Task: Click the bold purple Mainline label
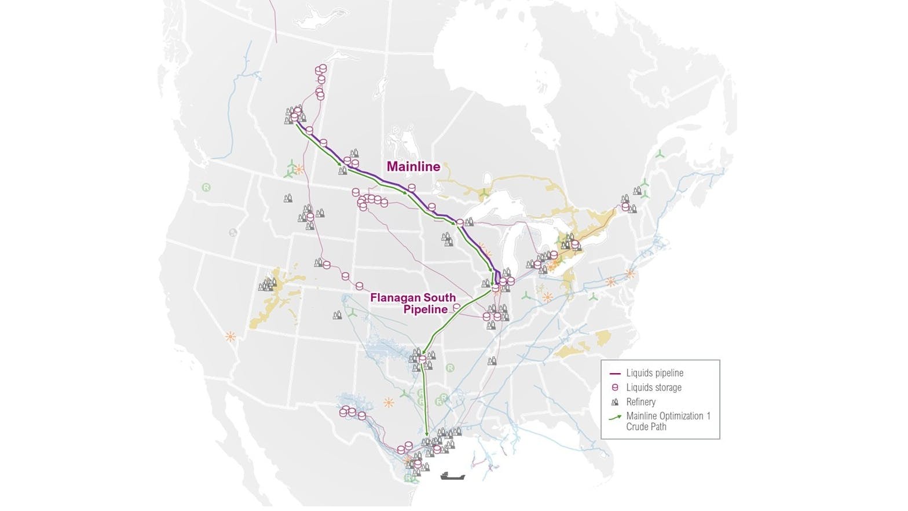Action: point(413,167)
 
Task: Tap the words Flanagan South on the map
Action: point(413,298)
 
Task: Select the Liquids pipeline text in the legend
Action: point(654,373)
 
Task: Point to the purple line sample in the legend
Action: point(615,374)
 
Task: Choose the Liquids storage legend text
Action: point(653,388)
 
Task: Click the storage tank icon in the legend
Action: point(615,388)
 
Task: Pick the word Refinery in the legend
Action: point(640,402)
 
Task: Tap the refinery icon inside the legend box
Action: point(615,402)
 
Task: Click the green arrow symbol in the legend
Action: point(616,417)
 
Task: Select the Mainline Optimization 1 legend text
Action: point(668,416)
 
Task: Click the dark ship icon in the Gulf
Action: point(452,476)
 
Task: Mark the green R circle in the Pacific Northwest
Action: point(206,188)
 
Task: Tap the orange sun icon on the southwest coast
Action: point(230,336)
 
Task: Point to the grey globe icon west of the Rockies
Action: point(233,232)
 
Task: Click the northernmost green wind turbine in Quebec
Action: point(659,154)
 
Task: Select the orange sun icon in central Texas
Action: point(388,402)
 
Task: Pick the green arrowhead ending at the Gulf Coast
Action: point(427,434)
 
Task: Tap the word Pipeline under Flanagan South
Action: point(425,309)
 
